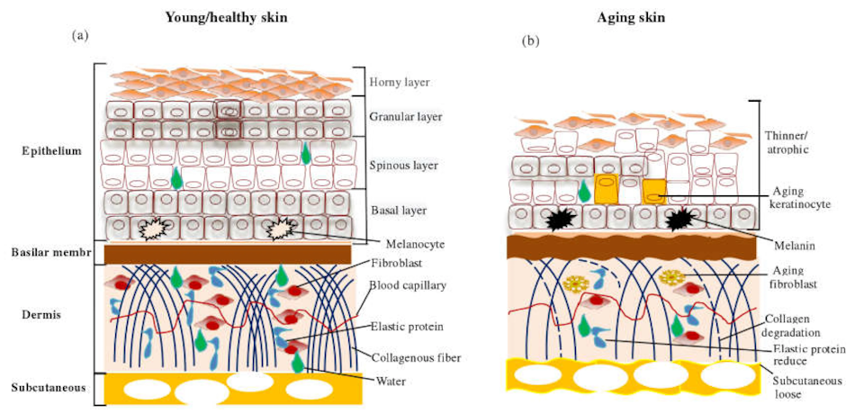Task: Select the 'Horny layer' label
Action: pos(400,83)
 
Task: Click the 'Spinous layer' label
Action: pos(404,165)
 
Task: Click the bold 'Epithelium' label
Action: pos(53,151)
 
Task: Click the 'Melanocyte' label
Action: pos(398,245)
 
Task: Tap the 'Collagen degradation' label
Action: pos(793,328)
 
